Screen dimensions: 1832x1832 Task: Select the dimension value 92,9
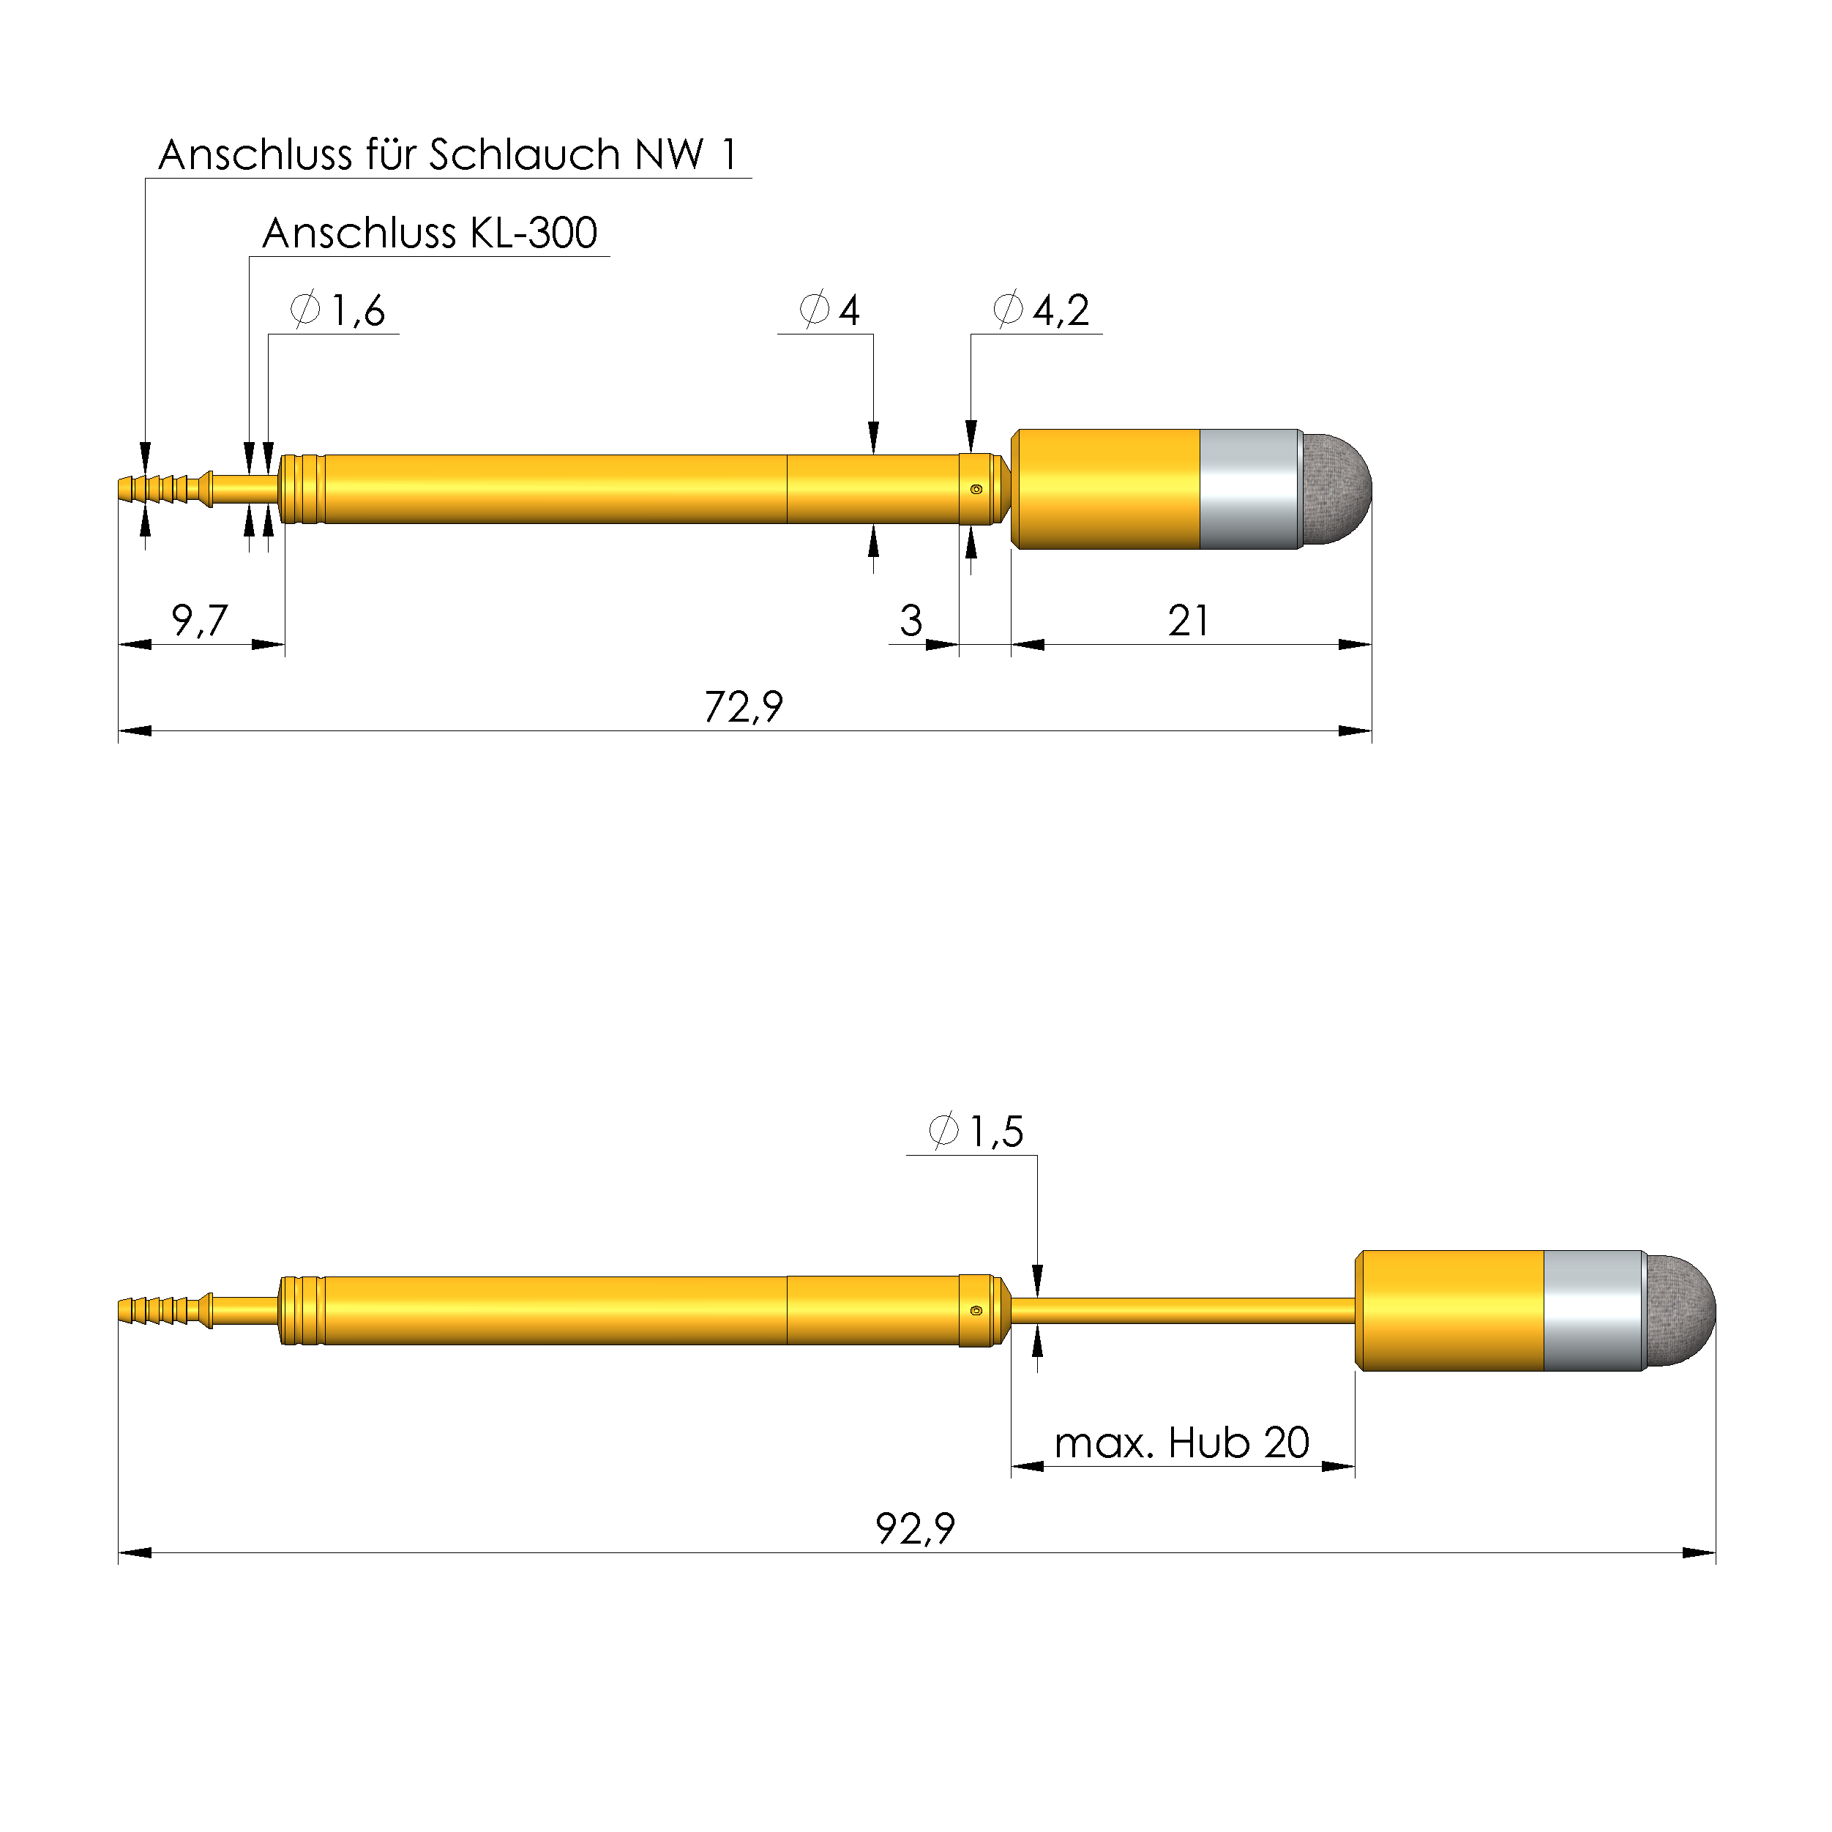914,1528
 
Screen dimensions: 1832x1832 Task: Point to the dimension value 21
1187,621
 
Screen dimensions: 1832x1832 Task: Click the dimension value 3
911,621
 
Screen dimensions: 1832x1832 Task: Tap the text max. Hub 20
1181,1443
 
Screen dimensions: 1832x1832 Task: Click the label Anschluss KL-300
430,233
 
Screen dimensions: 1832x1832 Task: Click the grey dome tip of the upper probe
1337,490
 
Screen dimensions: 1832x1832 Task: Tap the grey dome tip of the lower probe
1681,1310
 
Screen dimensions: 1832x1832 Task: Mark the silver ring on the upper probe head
1250,490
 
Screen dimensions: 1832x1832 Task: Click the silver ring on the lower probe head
1593,1310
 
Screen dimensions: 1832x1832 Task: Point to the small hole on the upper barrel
976,490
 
